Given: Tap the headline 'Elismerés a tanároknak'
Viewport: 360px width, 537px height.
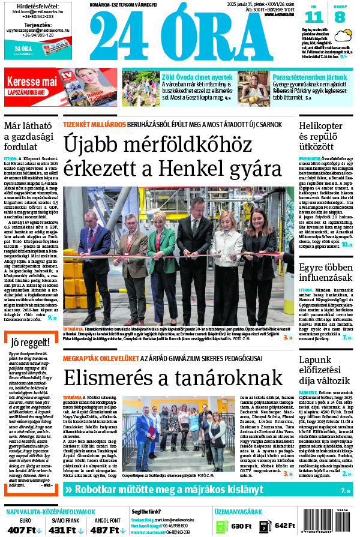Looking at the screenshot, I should click(173, 377).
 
